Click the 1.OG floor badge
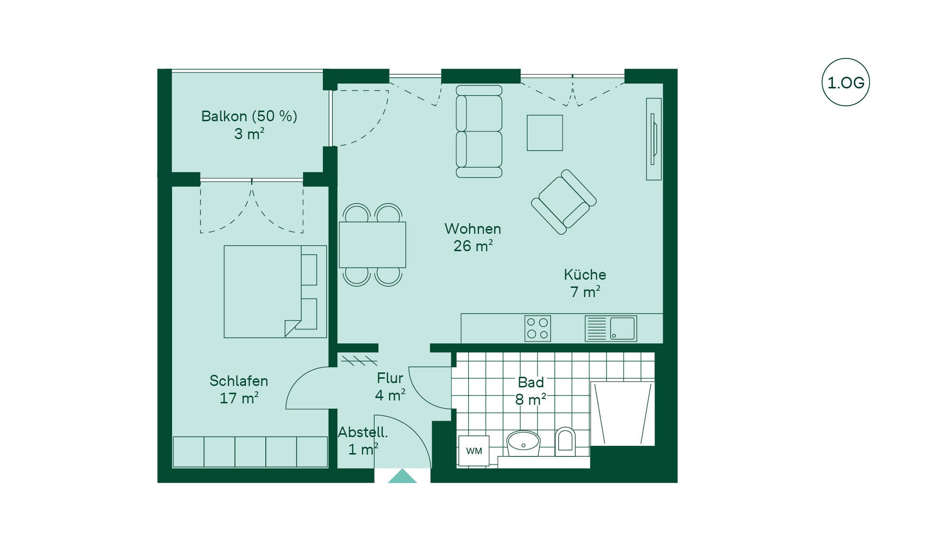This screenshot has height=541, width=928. (846, 82)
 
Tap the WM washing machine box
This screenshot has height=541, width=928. (474, 451)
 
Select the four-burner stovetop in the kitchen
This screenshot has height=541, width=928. (537, 328)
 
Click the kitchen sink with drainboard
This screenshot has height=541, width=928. (610, 328)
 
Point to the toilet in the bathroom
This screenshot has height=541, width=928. (565, 441)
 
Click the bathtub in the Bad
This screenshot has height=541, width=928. (623, 413)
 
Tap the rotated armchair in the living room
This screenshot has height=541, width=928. (564, 202)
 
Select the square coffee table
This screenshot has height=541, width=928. (545, 133)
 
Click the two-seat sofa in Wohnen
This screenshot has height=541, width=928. (479, 131)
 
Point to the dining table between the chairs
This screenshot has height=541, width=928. (372, 245)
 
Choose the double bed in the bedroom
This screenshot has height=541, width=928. (275, 292)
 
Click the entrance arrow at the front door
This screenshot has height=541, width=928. (402, 476)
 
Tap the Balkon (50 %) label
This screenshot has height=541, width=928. (249, 116)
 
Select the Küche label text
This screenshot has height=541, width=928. (585, 274)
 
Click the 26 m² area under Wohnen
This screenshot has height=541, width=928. (473, 246)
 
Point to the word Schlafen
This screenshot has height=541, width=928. (239, 381)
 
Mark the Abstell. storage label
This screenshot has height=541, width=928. (362, 432)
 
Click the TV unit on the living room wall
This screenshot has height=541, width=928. (654, 139)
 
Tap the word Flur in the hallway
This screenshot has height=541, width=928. (390, 378)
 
